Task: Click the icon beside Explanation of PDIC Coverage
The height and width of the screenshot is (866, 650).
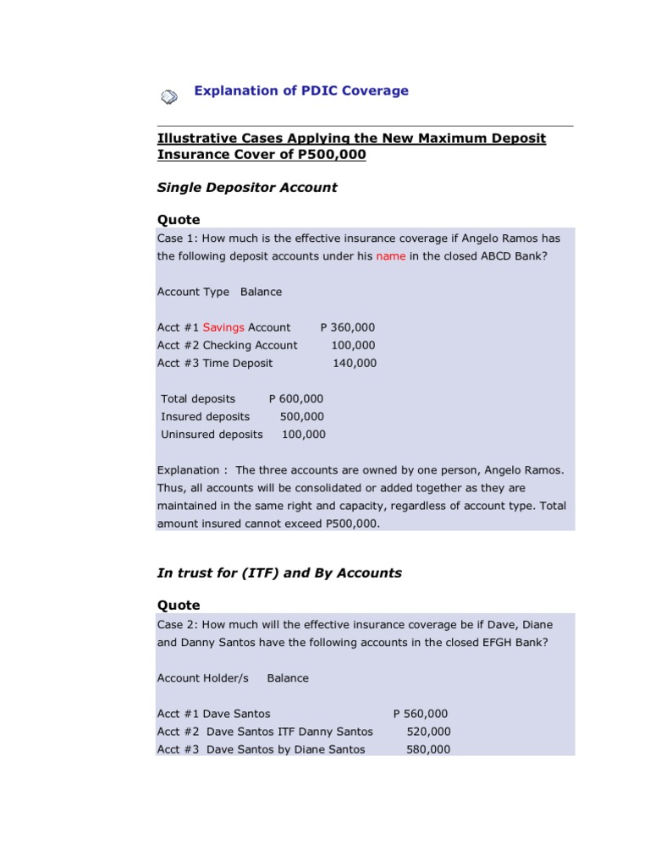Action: pos(169,96)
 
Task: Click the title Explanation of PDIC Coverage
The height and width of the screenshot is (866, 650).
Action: pos(301,90)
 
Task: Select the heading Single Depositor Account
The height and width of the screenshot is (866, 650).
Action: pos(247,188)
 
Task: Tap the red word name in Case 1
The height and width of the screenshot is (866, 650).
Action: pos(391,256)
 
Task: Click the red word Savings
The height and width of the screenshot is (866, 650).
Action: pos(223,327)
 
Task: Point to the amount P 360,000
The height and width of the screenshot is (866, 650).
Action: pos(347,327)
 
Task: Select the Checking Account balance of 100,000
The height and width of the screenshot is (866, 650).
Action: pos(353,345)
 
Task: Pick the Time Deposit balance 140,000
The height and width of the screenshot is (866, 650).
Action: pos(355,363)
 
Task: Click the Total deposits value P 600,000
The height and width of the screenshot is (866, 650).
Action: pos(295,398)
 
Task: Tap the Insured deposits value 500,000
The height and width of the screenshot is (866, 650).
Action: pos(301,416)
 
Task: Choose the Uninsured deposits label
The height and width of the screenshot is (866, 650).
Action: pos(212,435)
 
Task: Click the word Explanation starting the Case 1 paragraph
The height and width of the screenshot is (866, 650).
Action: pos(189,470)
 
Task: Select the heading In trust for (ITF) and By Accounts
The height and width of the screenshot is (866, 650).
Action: pos(279,573)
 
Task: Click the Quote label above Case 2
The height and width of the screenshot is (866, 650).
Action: pos(179,605)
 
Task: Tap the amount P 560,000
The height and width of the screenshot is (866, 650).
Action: pos(421,714)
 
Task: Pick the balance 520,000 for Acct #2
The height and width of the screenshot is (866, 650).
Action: pos(428,732)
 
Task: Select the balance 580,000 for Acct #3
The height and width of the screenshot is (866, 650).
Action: pos(428,749)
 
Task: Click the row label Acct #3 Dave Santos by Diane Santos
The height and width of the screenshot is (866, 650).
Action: pos(262,749)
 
